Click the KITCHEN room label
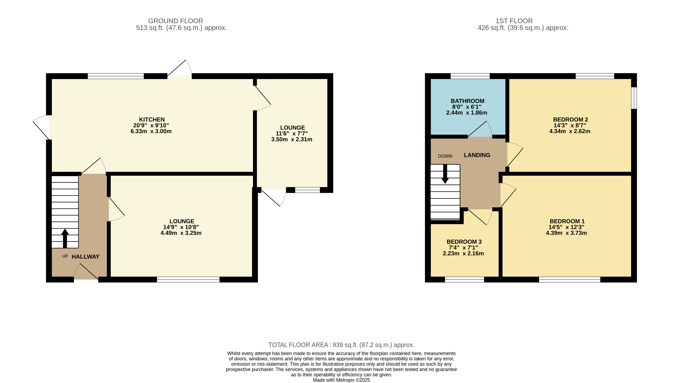(152, 120)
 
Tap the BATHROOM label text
(467, 101)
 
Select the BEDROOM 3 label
(464, 242)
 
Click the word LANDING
(477, 155)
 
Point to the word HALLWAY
(85, 257)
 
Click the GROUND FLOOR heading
(175, 21)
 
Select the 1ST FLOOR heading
(514, 21)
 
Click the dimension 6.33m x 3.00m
(151, 131)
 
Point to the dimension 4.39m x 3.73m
(566, 233)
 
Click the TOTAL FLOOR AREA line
(341, 345)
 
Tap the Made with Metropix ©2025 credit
(341, 380)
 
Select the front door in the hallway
(86, 273)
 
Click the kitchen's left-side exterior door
(41, 127)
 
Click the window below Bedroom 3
(464, 279)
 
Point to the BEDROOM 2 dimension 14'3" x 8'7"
(569, 125)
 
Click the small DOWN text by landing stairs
(445, 156)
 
